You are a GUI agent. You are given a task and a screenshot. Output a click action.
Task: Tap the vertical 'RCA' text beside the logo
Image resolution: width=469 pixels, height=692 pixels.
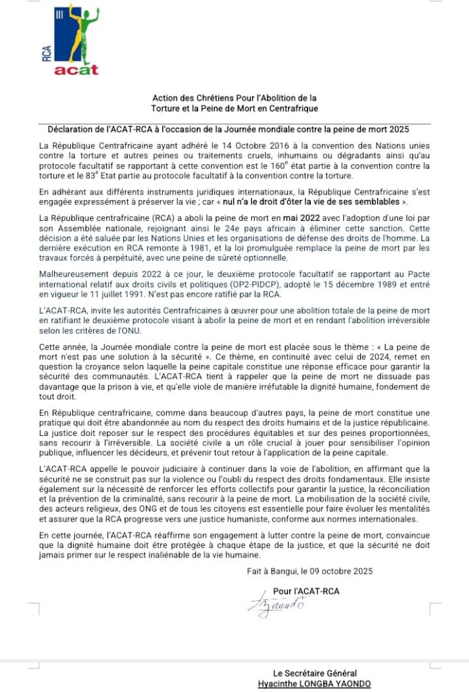[x=47, y=53]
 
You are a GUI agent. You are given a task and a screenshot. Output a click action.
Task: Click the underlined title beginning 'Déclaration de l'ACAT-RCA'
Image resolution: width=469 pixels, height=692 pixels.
[x=229, y=128]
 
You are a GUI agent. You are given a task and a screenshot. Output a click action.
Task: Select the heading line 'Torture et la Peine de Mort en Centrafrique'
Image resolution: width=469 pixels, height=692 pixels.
[x=234, y=108]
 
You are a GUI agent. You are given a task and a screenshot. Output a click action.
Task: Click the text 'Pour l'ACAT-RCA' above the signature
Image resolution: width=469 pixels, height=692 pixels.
[x=306, y=591]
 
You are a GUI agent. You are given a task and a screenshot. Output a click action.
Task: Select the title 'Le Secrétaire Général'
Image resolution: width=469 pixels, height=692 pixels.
[x=314, y=673]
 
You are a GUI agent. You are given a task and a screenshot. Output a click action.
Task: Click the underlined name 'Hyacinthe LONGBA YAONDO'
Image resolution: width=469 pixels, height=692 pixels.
[x=314, y=683]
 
